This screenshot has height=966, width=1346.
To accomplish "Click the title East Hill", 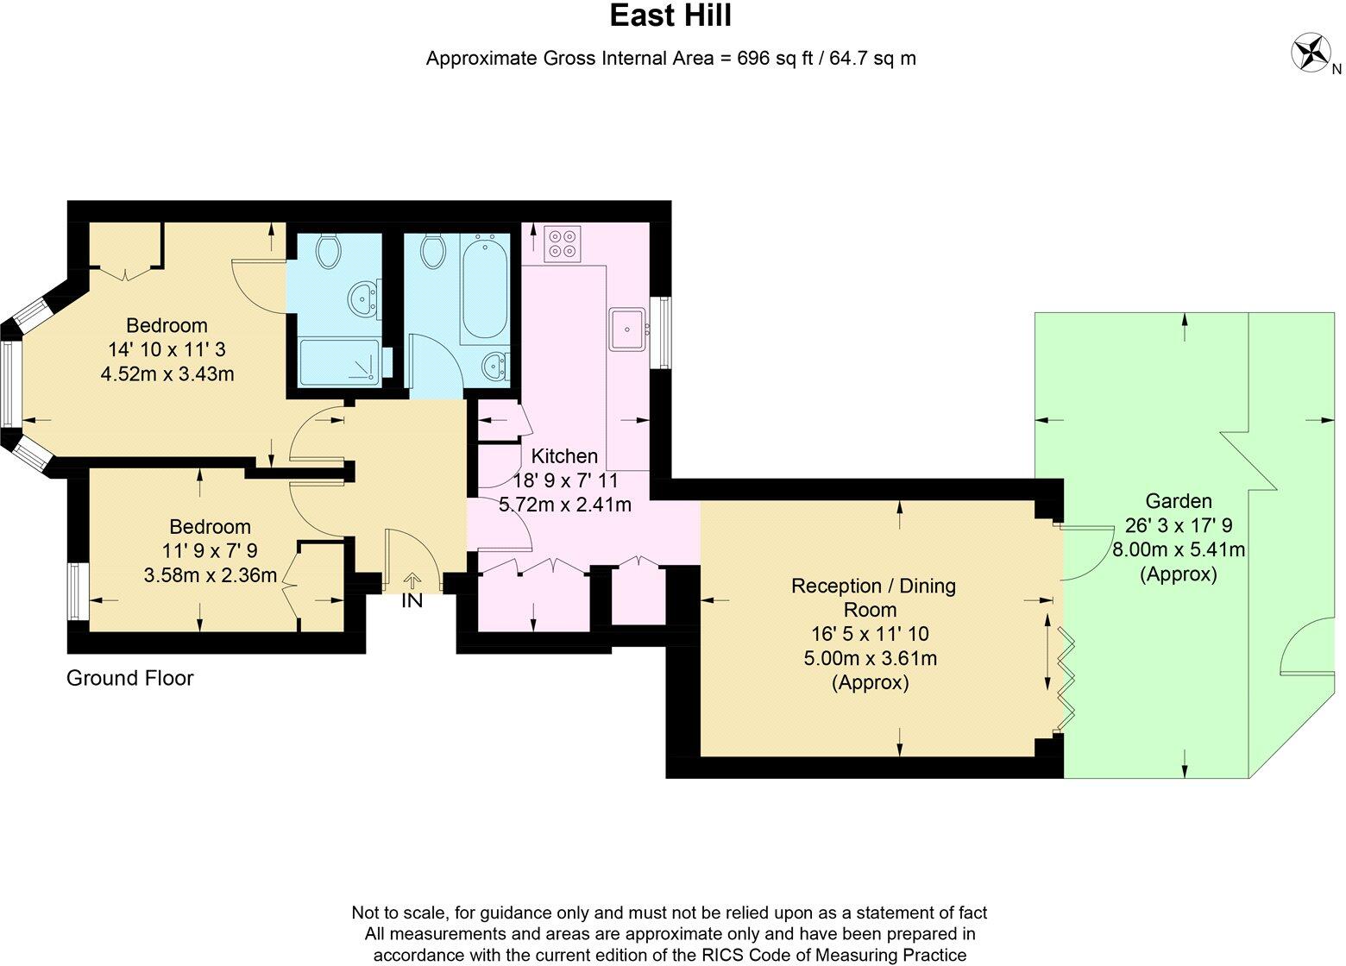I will click(x=671, y=16).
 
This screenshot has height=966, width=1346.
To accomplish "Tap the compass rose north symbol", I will click(x=1311, y=53).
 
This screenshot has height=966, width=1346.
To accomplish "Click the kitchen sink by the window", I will click(x=629, y=329).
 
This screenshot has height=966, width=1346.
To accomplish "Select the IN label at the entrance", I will click(x=412, y=601).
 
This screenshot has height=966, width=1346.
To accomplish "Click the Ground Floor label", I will click(x=130, y=678).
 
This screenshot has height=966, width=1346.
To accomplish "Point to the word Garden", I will click(x=1179, y=501).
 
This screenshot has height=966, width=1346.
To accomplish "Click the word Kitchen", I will click(x=564, y=456).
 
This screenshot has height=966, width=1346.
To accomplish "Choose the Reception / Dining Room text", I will click(x=873, y=598).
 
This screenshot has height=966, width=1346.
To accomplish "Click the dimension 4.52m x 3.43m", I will click(x=167, y=374).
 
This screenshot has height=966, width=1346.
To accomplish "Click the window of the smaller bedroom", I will click(x=79, y=592).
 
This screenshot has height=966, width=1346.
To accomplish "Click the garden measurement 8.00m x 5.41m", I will click(x=1179, y=549).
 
